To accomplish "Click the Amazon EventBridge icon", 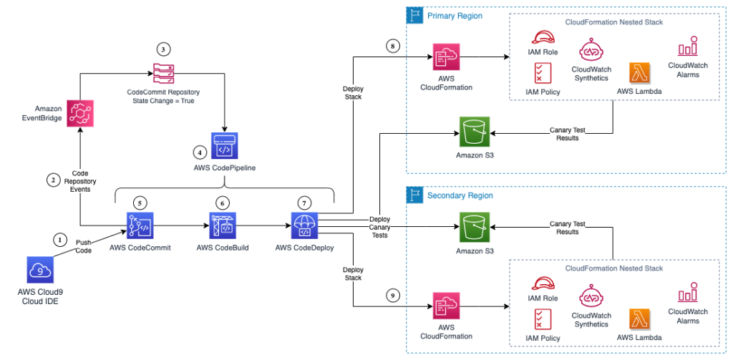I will click(x=81, y=115).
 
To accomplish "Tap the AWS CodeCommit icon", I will click(x=140, y=225).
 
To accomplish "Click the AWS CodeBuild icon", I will click(x=223, y=225).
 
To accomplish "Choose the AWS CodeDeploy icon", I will click(x=304, y=225).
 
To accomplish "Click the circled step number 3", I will click(x=164, y=49).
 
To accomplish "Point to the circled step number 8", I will click(x=391, y=47).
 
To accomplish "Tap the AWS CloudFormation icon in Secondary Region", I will click(x=445, y=307).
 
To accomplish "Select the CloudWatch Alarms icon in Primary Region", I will click(x=688, y=47).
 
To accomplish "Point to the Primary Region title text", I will click(x=455, y=16).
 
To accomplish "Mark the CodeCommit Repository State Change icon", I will click(x=164, y=73).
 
